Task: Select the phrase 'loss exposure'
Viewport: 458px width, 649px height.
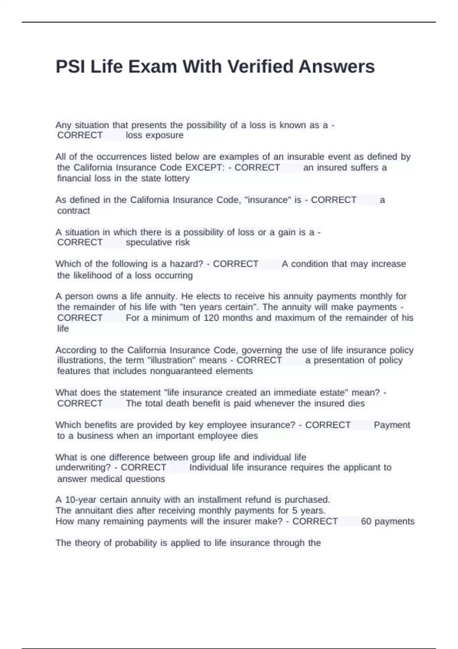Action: tap(155, 135)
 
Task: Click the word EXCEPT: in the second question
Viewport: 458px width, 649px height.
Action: tap(205, 168)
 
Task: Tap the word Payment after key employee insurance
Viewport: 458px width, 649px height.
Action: tap(392, 425)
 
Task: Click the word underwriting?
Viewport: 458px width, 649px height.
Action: tap(83, 468)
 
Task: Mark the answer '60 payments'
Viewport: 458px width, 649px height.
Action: tap(387, 521)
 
